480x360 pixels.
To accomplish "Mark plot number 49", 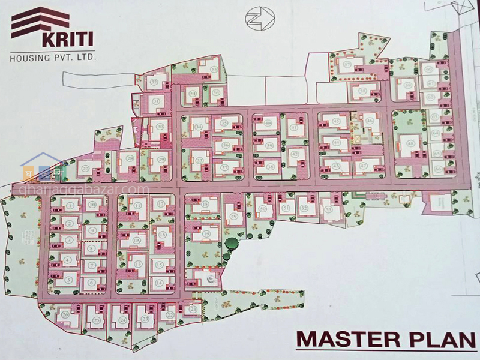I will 233,217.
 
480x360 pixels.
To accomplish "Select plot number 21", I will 193,309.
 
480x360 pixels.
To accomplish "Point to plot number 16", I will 161,235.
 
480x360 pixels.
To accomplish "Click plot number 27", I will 86,169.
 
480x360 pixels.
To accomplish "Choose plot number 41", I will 294,128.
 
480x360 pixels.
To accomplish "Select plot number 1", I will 70,206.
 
